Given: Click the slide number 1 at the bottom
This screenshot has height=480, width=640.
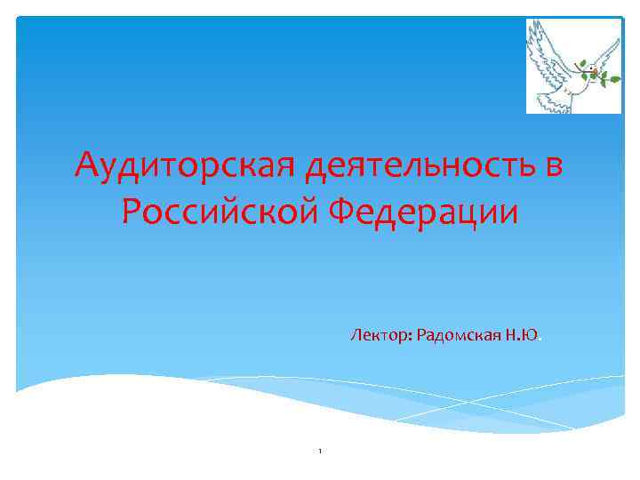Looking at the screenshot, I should pyautogui.click(x=319, y=452).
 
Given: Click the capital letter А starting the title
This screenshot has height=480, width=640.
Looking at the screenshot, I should pyautogui.click(x=86, y=165).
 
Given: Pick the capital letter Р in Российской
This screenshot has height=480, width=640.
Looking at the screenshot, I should pyautogui.click(x=131, y=212).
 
